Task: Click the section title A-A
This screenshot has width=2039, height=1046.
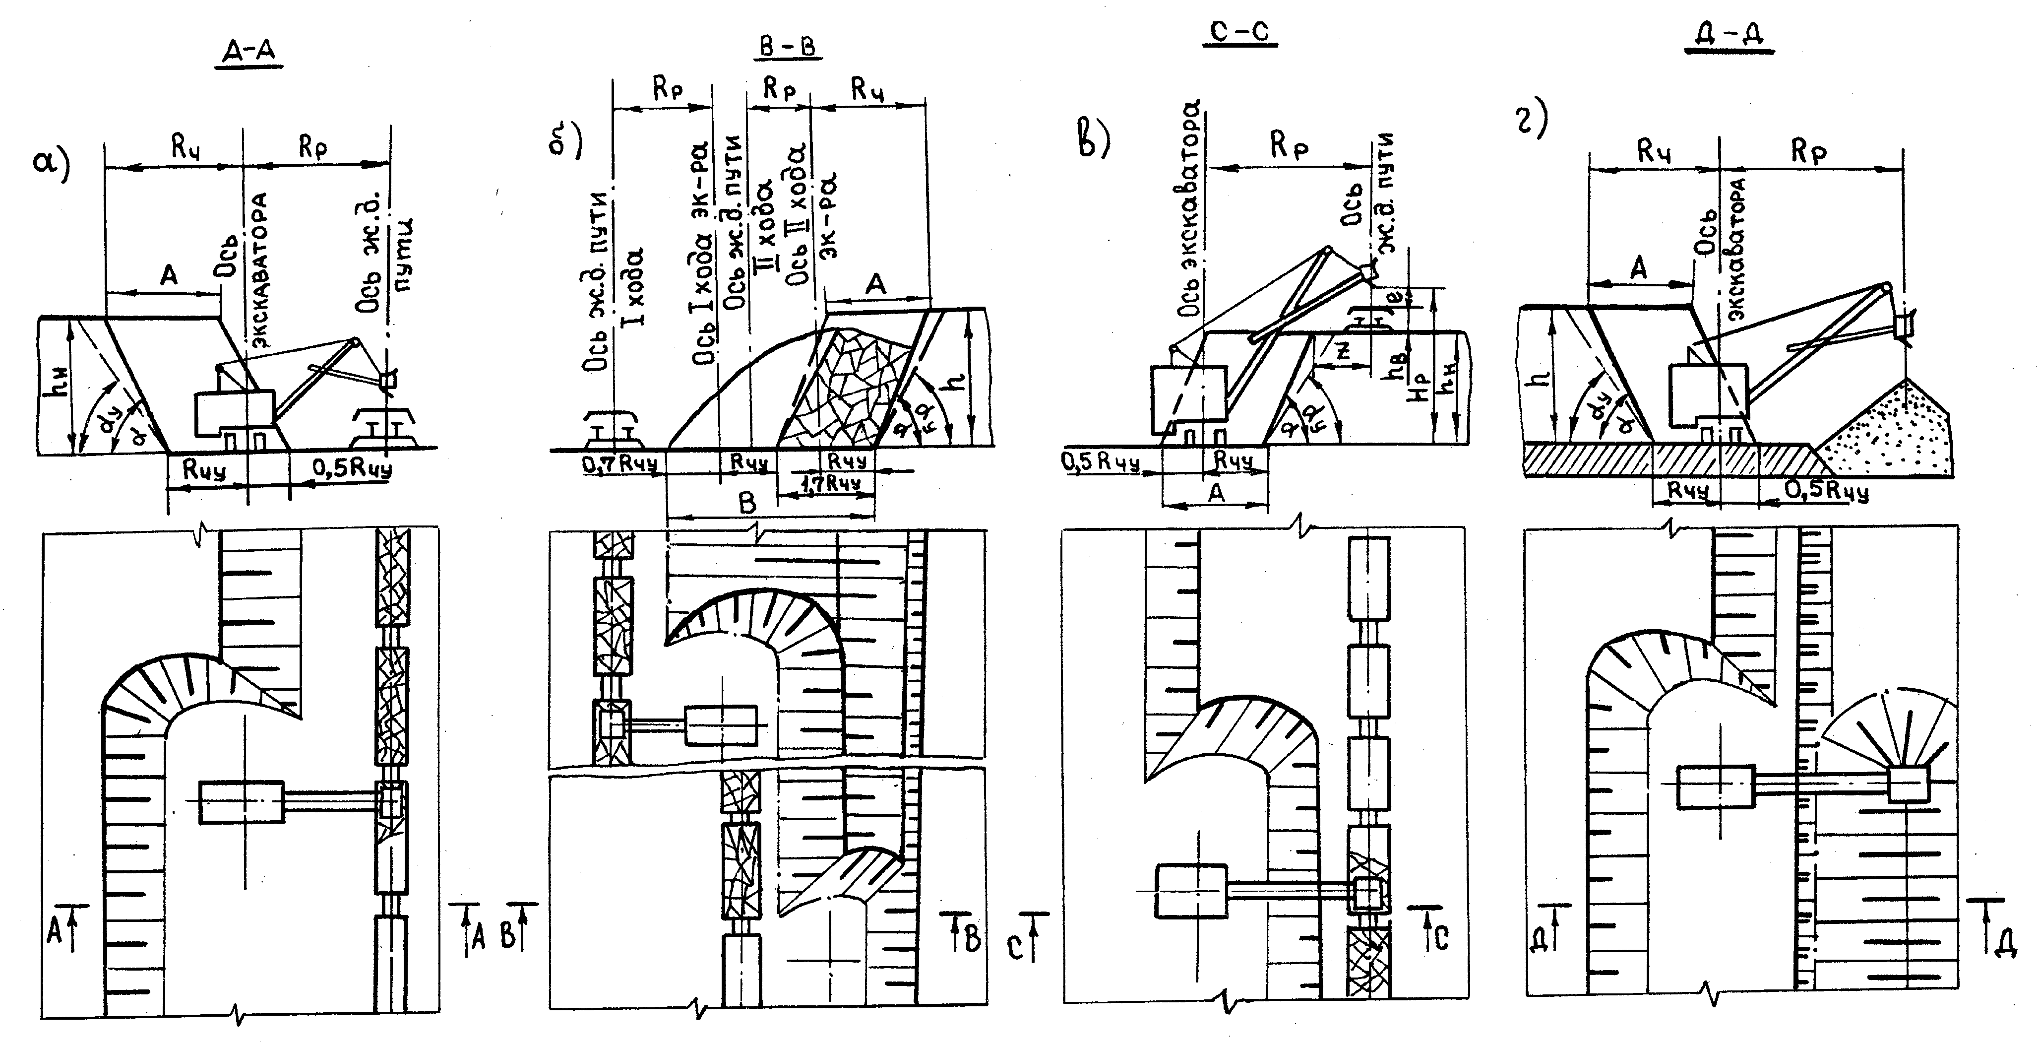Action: coord(248,52)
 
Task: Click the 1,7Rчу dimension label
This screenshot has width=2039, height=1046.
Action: coord(828,482)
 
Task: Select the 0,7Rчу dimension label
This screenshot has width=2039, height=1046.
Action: coord(620,464)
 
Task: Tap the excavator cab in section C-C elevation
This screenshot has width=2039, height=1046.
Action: coord(1187,396)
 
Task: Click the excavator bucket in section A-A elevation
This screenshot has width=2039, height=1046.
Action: coord(387,380)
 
